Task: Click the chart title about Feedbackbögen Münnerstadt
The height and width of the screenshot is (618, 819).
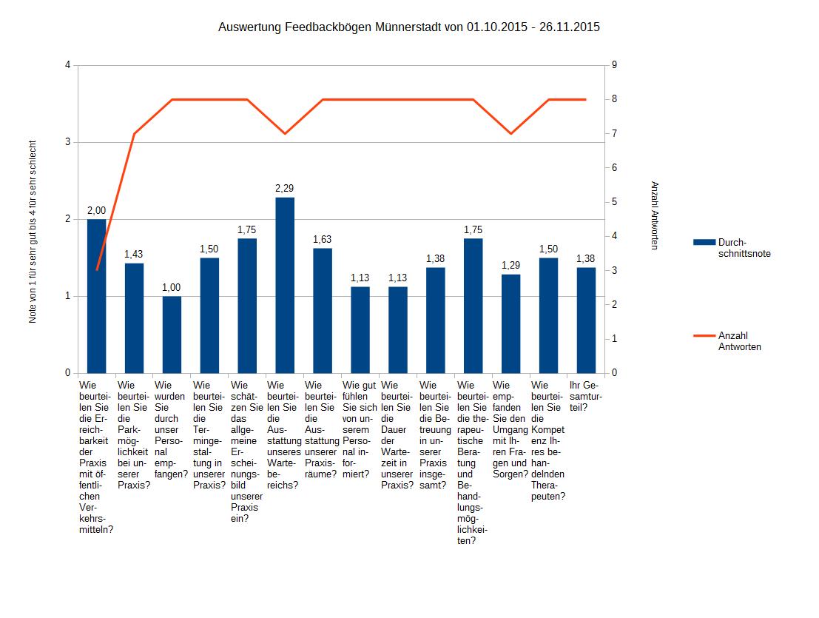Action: tap(408, 27)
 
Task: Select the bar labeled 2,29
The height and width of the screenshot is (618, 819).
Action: tap(285, 285)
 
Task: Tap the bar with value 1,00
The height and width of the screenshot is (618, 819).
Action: tap(172, 335)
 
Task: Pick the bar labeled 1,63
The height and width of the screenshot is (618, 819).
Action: tap(323, 311)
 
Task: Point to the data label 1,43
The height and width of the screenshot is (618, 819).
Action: tap(134, 254)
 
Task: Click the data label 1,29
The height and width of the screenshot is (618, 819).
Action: tap(511, 265)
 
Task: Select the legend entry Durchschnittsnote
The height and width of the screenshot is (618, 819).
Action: tap(742, 248)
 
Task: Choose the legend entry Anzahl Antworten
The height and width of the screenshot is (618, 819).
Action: tap(739, 340)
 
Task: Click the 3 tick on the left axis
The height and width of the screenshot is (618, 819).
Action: tap(67, 142)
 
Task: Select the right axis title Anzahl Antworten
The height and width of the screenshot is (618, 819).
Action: tap(654, 215)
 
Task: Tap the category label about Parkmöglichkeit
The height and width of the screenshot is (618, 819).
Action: tap(134, 435)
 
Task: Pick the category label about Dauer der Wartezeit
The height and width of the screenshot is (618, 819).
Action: tap(397, 435)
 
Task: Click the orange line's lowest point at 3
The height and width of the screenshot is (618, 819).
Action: tap(96, 270)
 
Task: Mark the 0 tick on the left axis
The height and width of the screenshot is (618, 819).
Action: tap(67, 373)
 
